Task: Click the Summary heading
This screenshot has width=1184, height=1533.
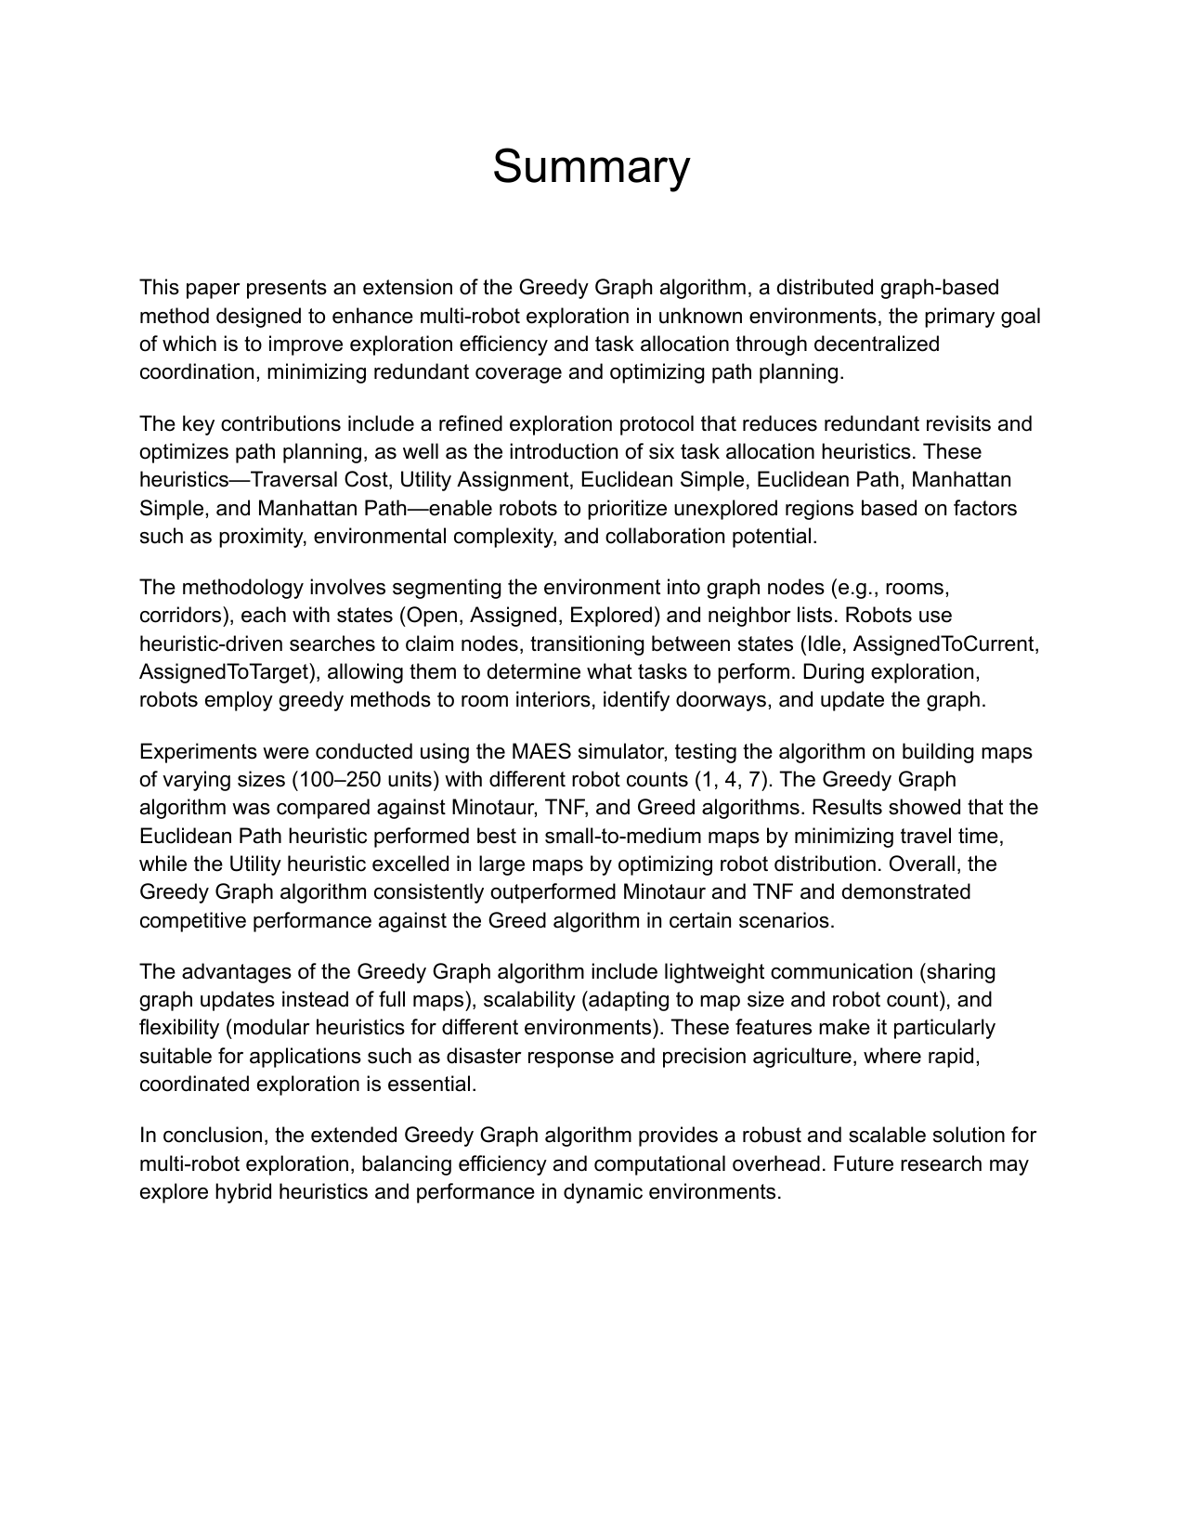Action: click(x=591, y=167)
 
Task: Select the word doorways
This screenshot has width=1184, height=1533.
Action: click(x=722, y=699)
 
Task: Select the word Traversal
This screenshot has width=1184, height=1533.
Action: click(x=292, y=479)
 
